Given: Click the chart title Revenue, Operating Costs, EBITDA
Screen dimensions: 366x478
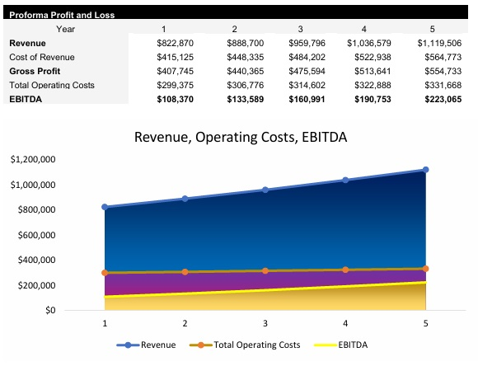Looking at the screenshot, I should point(240,137).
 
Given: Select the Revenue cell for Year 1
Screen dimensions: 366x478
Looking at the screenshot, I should point(174,42).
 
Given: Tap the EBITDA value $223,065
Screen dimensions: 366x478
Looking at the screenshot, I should point(439,99).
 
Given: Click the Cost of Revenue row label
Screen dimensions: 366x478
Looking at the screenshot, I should point(42,57).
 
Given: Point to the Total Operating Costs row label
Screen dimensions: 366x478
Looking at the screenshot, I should point(52,85).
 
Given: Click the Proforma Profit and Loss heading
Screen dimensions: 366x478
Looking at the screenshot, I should point(62,15).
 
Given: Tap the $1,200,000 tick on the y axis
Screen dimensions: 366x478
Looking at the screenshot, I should point(32,159).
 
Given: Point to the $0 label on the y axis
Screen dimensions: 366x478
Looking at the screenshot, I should point(49,311).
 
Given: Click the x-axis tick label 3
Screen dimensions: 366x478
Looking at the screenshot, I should point(265,324).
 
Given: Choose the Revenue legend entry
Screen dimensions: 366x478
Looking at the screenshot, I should point(149,345).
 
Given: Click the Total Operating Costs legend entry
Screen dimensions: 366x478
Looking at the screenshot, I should point(246,345).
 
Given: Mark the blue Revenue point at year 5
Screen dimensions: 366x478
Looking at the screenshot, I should point(426,170).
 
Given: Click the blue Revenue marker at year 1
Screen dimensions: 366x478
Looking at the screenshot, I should point(105,207).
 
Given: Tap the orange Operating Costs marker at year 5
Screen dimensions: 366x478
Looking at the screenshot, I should point(426,269).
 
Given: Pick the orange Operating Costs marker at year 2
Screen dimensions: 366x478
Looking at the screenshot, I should point(185,272).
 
